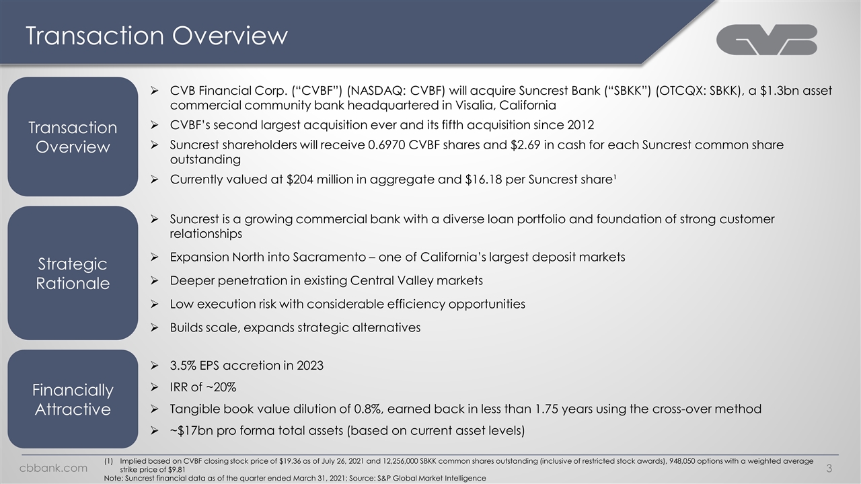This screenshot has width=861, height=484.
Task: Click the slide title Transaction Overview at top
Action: click(156, 36)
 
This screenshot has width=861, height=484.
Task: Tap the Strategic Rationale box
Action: click(72, 273)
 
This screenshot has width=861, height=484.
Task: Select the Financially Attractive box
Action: click(72, 399)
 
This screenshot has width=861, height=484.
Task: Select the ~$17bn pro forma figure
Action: click(192, 430)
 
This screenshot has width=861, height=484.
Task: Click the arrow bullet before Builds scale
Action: click(155, 327)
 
